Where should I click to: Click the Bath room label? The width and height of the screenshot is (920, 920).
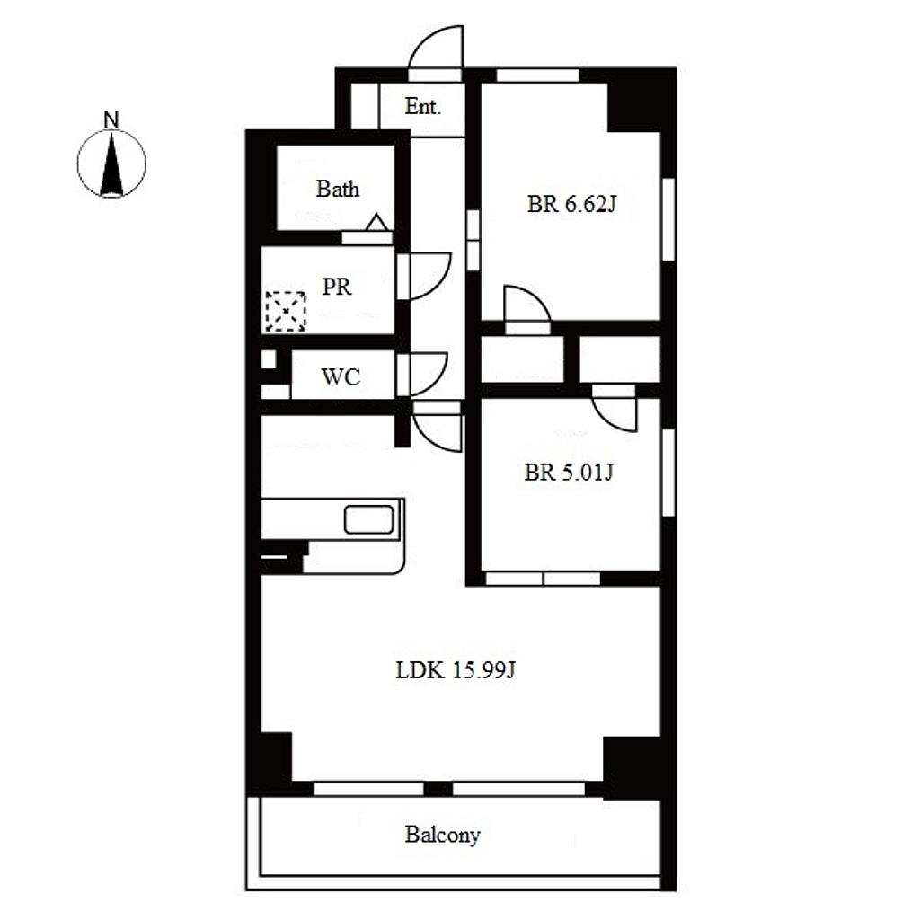click(338, 189)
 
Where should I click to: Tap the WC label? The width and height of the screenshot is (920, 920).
click(341, 376)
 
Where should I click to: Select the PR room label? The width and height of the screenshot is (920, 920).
click(337, 287)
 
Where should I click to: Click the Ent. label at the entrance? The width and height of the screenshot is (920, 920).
click(422, 106)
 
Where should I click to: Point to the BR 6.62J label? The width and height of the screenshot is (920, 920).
click(572, 204)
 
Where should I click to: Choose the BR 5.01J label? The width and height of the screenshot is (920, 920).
click(569, 473)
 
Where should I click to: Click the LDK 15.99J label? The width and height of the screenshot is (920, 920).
click(456, 670)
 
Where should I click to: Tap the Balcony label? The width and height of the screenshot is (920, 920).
click(442, 835)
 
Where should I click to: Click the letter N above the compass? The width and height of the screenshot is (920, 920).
click(111, 119)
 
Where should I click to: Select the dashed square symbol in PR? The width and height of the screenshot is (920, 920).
click(286, 311)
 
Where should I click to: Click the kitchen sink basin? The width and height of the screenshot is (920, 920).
click(368, 520)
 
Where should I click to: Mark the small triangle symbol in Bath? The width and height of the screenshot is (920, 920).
click(376, 223)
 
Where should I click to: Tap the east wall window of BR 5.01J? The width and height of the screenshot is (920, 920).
click(668, 473)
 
